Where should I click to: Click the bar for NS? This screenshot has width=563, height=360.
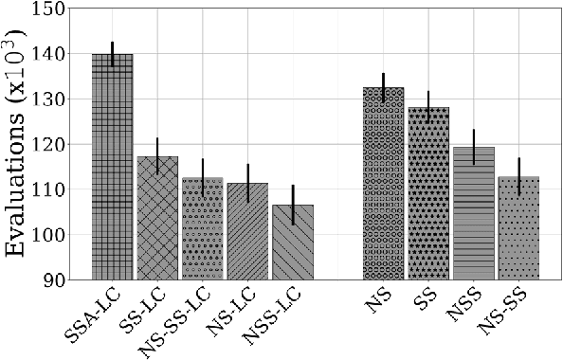pos(383,184)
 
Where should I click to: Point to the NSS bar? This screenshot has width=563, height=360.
pos(473,213)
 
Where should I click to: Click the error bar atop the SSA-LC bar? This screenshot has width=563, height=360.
pos(112,54)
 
